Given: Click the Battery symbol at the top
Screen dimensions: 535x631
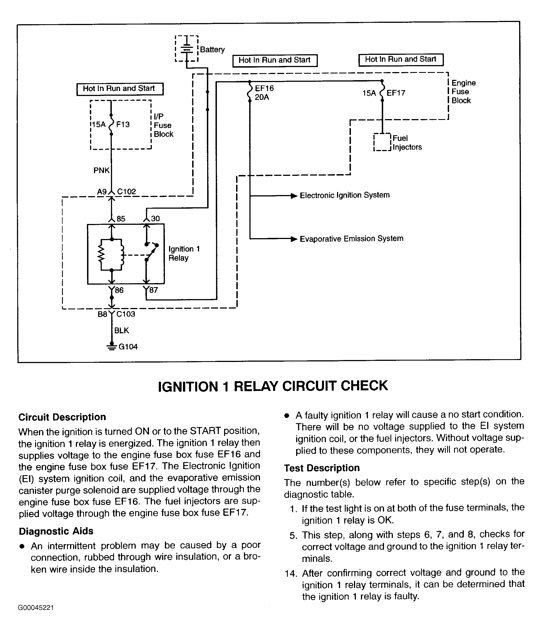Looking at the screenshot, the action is [187, 49].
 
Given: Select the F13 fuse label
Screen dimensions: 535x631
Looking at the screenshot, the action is [123, 124].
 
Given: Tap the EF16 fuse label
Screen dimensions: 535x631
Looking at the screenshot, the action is [264, 88].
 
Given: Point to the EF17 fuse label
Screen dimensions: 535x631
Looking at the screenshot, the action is [396, 93].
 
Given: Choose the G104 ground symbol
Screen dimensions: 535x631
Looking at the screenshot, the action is [112, 347].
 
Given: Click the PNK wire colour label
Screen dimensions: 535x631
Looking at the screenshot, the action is [101, 170].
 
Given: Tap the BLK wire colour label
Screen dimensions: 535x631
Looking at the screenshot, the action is [122, 330].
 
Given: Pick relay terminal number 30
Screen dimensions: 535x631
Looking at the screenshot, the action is [155, 218].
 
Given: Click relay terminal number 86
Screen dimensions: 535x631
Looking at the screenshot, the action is [119, 290].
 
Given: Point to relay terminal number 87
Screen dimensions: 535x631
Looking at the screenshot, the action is [153, 290].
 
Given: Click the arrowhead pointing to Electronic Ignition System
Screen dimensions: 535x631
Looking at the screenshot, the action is [294, 196].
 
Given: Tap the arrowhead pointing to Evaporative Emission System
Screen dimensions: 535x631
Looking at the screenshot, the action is [294, 239].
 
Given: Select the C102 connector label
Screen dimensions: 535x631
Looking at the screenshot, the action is [127, 191].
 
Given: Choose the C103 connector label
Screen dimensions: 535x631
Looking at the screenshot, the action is [126, 314].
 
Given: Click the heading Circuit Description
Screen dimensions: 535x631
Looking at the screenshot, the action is [62, 417].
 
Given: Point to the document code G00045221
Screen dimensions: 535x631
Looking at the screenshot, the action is [36, 608].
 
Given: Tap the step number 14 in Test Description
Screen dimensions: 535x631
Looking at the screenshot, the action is [290, 573].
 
